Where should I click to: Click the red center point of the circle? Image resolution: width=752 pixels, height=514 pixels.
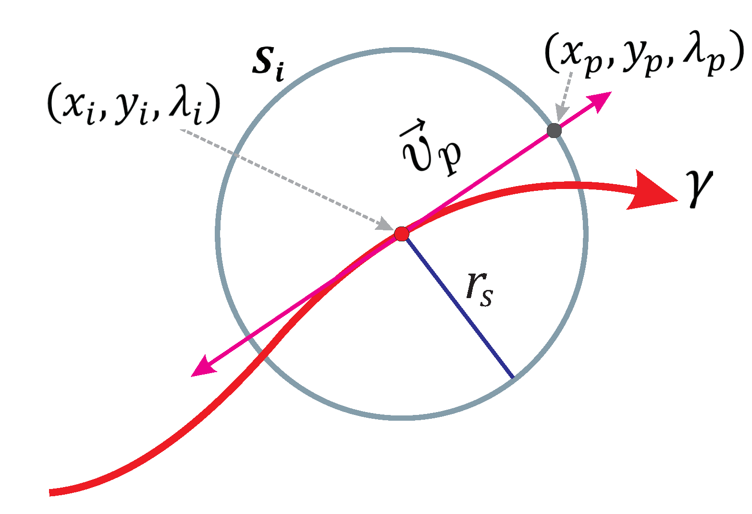[401, 234]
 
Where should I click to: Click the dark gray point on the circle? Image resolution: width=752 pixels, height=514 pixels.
[554, 130]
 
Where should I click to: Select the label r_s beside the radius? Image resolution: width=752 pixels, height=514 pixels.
[479, 290]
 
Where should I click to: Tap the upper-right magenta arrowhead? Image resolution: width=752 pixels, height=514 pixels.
[600, 100]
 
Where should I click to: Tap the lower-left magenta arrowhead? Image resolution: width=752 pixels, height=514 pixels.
[202, 368]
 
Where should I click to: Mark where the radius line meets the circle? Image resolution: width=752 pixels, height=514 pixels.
[513, 377]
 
